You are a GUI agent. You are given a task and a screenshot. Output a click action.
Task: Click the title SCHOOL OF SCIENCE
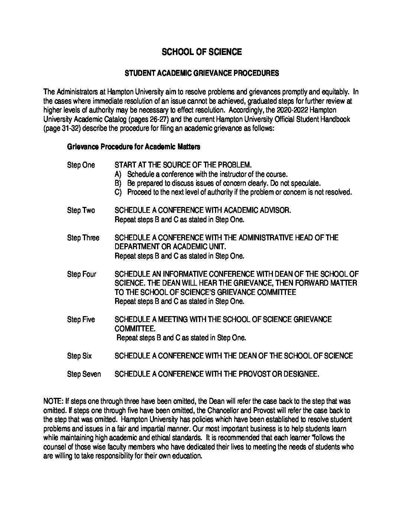point(202,52)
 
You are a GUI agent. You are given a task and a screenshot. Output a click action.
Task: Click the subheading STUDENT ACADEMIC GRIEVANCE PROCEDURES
point(202,73)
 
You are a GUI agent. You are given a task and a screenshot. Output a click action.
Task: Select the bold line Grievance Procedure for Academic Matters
point(134,147)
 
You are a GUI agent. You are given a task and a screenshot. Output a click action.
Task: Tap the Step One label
point(81,165)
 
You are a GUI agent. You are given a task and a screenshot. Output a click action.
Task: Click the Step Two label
point(81,211)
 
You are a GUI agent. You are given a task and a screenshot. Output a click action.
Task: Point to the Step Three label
point(83,238)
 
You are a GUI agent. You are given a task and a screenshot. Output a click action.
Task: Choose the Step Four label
point(82,275)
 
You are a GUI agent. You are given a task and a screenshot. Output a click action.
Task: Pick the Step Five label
point(81,319)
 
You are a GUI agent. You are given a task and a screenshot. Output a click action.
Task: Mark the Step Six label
point(79,356)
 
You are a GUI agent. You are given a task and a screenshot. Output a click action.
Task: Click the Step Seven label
point(84,374)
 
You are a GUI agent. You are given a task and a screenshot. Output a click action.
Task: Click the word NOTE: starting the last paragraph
point(53,401)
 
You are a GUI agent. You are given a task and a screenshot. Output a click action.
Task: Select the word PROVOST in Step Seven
point(252,374)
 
